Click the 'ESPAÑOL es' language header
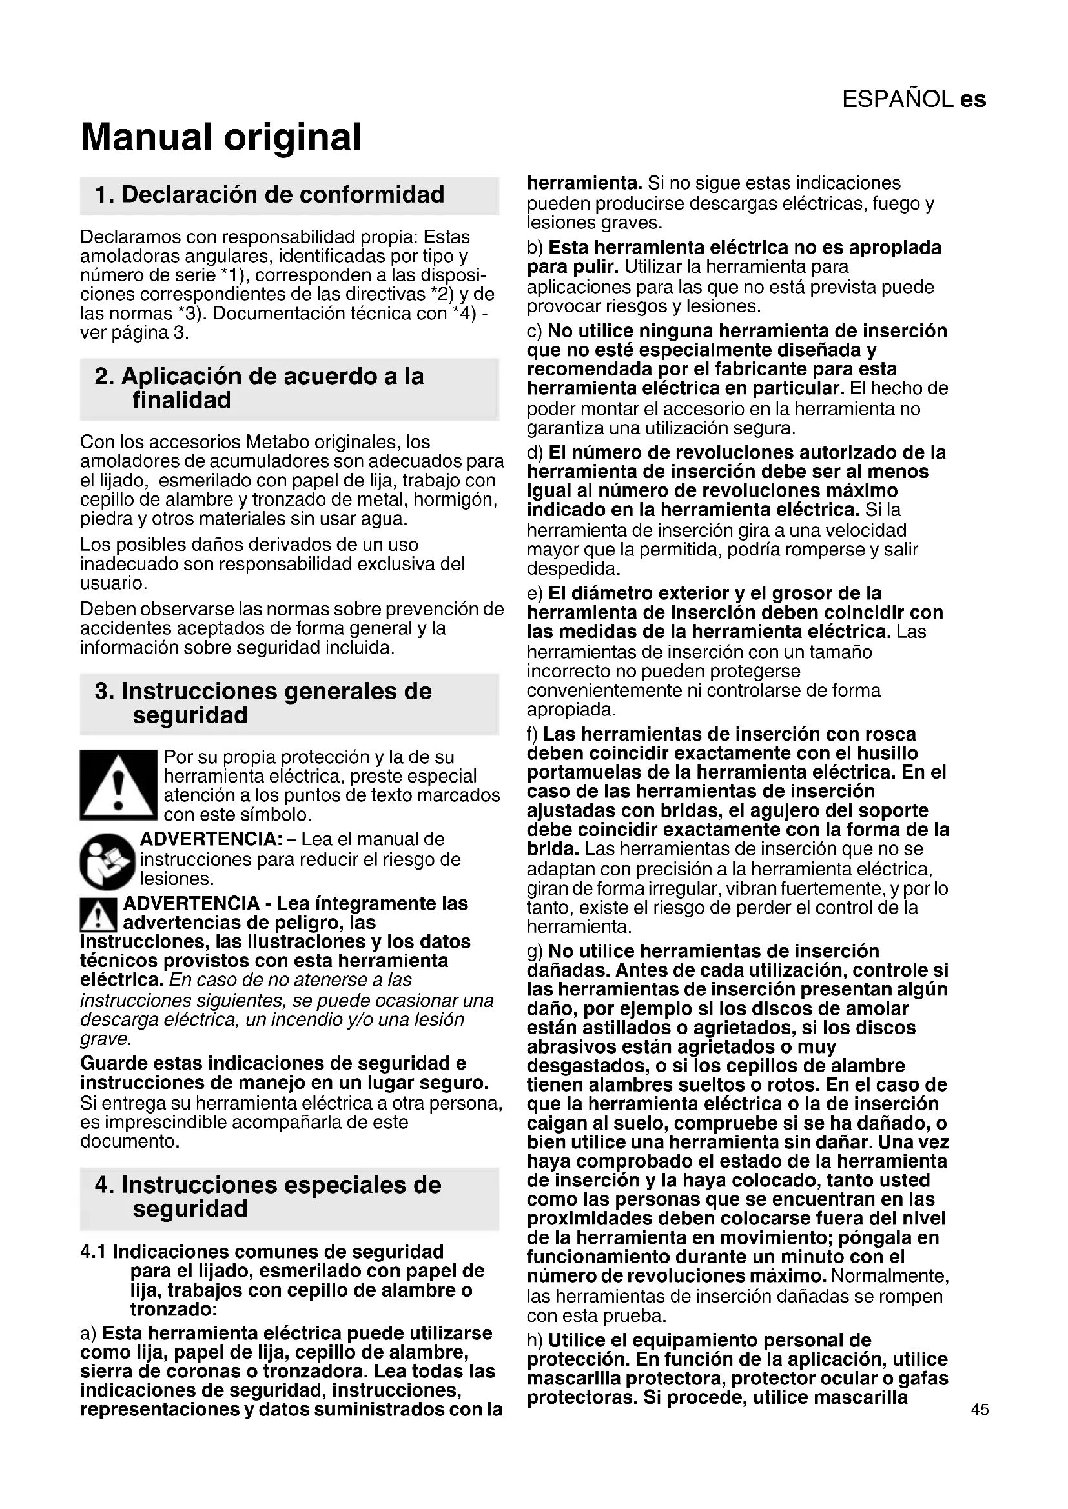click(x=914, y=99)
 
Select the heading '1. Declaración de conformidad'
click(x=270, y=195)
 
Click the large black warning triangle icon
click(x=118, y=784)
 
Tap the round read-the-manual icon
click(x=107, y=861)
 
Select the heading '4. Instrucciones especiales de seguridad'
click(x=269, y=1197)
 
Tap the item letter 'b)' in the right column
click(x=535, y=248)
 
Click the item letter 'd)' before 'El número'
click(x=535, y=453)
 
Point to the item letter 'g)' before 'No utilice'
click(x=535, y=951)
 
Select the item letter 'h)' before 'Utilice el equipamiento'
click(x=535, y=1340)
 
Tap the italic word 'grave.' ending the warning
click(x=105, y=1039)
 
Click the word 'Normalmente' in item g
click(x=888, y=1276)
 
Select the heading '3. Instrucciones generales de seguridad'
click(x=263, y=703)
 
